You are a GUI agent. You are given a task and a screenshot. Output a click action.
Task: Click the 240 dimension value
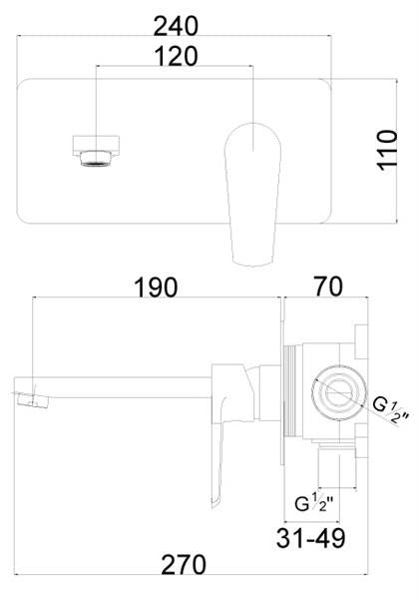click(176, 26)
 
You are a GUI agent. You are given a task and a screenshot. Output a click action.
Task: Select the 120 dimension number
click(176, 57)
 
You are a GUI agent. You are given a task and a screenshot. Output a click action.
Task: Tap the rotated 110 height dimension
click(387, 150)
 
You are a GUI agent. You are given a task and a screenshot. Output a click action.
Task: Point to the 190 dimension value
click(156, 288)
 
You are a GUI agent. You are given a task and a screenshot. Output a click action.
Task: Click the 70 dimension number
click(328, 287)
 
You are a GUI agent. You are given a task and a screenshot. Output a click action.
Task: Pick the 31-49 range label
click(310, 538)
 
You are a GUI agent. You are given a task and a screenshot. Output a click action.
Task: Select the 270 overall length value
click(184, 565)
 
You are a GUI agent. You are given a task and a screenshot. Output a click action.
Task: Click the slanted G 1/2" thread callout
click(390, 411)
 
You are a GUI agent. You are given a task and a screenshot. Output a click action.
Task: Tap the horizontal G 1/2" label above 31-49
click(314, 503)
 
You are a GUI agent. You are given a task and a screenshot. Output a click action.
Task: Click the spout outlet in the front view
click(96, 151)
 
